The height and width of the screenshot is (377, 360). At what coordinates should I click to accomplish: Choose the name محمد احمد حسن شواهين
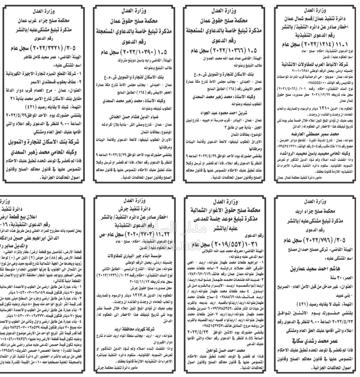pyautogui.click(x=225, y=350)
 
